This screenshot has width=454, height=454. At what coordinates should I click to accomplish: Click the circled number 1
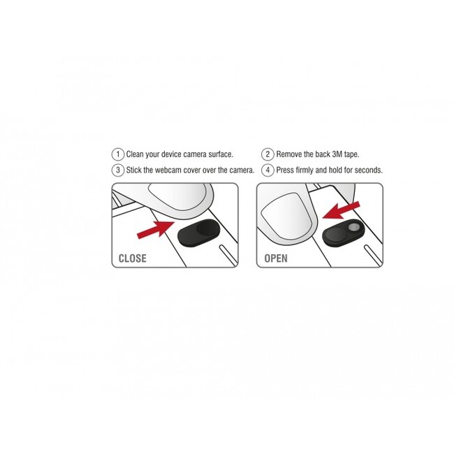click(118, 154)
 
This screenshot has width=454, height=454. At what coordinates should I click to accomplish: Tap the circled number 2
click(268, 154)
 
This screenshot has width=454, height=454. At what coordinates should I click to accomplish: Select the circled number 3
click(118, 170)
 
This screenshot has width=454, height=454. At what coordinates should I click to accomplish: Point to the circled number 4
click(268, 170)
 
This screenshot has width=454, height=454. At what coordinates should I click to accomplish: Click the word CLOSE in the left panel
click(133, 258)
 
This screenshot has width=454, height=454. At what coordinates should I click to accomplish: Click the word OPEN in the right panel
click(276, 258)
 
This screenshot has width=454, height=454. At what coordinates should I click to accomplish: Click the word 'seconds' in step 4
click(367, 170)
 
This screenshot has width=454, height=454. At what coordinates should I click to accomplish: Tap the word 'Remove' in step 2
click(288, 154)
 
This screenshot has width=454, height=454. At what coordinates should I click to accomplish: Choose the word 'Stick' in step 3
click(134, 170)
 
